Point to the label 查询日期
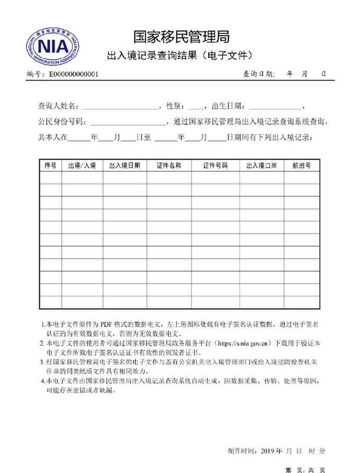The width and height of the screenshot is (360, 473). [258, 74]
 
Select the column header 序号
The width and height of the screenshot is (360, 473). [50, 165]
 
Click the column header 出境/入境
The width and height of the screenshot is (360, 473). [82, 165]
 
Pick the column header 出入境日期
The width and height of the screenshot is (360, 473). [124, 165]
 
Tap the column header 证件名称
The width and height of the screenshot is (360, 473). [169, 165]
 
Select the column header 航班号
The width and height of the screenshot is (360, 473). [302, 165]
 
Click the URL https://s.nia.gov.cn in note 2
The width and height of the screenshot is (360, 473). [245, 344]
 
